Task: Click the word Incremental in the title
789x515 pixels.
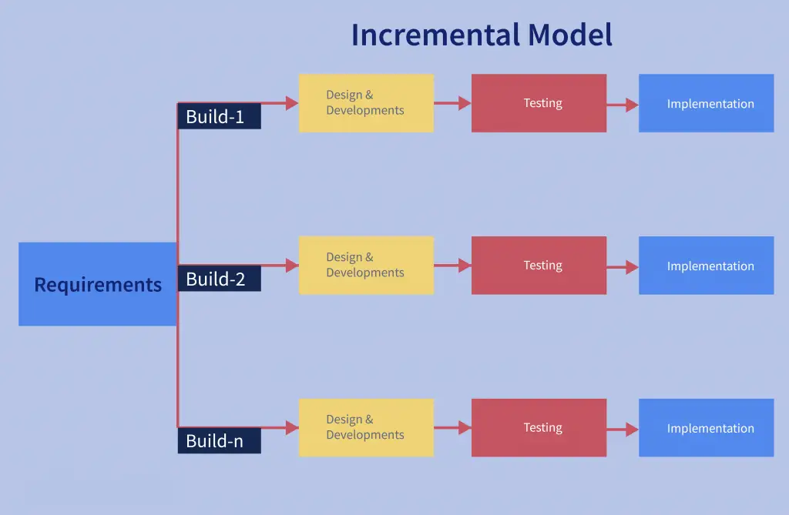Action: tap(435, 35)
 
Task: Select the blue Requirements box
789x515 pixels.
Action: tap(98, 284)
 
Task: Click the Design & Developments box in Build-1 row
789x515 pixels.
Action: tap(366, 103)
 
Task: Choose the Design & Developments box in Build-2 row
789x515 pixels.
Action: tap(366, 266)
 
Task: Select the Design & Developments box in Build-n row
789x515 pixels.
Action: tap(366, 428)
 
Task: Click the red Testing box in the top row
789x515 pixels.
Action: tap(539, 103)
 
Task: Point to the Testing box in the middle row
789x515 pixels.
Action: tap(539, 266)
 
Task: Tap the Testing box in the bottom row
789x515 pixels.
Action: tap(539, 428)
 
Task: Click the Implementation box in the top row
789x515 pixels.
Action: tap(706, 103)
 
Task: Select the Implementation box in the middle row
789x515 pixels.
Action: tap(706, 266)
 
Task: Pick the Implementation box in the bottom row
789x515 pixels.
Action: tap(706, 428)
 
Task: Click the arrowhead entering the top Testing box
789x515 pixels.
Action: tap(465, 103)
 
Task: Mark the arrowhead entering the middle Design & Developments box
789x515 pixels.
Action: tap(292, 266)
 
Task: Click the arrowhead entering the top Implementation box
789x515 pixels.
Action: tap(632, 105)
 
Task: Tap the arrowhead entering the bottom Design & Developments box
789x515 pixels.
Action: tap(292, 428)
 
